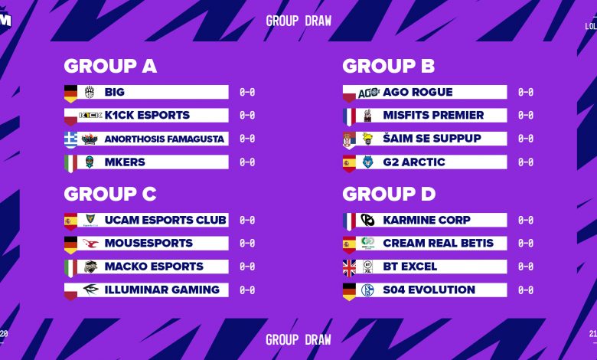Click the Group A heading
[x=110, y=66]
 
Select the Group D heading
[x=389, y=194]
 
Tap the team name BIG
[x=114, y=92]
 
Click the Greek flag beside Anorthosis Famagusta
[x=70, y=139]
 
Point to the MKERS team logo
[x=90, y=162]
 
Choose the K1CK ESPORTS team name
[x=147, y=116]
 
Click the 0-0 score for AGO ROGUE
[x=526, y=92]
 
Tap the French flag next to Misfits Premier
[x=349, y=116]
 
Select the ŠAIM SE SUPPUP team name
[x=432, y=139]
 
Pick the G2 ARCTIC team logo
[x=368, y=162]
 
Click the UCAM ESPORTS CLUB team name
[x=165, y=220]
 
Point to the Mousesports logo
[x=90, y=244]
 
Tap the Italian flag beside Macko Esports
[x=70, y=267]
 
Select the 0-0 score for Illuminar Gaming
[x=247, y=290]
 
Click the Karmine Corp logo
[x=368, y=220]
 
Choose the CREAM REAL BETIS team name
[x=438, y=244]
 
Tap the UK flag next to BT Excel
[x=349, y=267]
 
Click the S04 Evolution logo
[x=368, y=290]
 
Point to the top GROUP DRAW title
[x=298, y=21]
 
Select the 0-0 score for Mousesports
[x=247, y=244]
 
